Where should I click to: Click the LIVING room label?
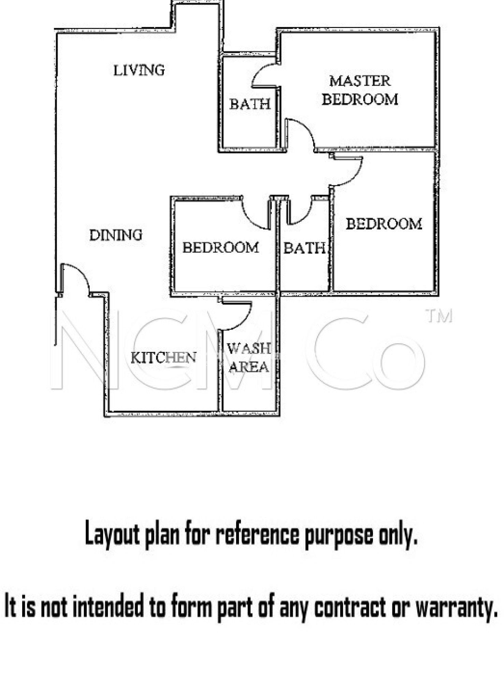[x=139, y=70]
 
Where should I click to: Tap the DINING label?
[x=116, y=235]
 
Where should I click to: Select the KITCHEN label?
[x=163, y=357]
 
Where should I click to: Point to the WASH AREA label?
[x=249, y=358]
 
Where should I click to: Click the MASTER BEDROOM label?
[x=360, y=90]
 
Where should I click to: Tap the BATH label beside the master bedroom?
[x=250, y=104]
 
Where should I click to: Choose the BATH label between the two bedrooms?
[x=304, y=248]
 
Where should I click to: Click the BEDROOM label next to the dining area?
[x=220, y=247]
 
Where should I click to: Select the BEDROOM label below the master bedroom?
[x=384, y=224]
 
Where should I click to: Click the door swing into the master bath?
[x=264, y=76]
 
